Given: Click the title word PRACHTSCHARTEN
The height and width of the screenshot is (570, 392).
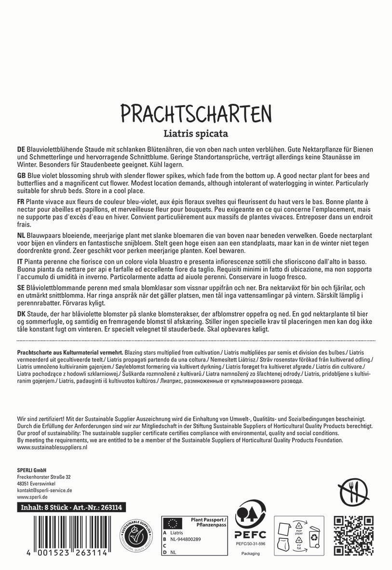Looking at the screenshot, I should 196,113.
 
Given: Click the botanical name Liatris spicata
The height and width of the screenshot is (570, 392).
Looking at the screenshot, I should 196,132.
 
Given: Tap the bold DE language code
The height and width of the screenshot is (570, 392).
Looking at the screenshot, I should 22,150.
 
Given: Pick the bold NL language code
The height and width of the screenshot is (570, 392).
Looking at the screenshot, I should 22,235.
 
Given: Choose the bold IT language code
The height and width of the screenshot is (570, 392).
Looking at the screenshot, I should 21,260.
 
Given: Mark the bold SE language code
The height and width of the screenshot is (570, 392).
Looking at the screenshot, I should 21,286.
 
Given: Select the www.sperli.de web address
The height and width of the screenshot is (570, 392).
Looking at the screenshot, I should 32,497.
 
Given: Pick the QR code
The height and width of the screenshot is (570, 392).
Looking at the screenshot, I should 354,534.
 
